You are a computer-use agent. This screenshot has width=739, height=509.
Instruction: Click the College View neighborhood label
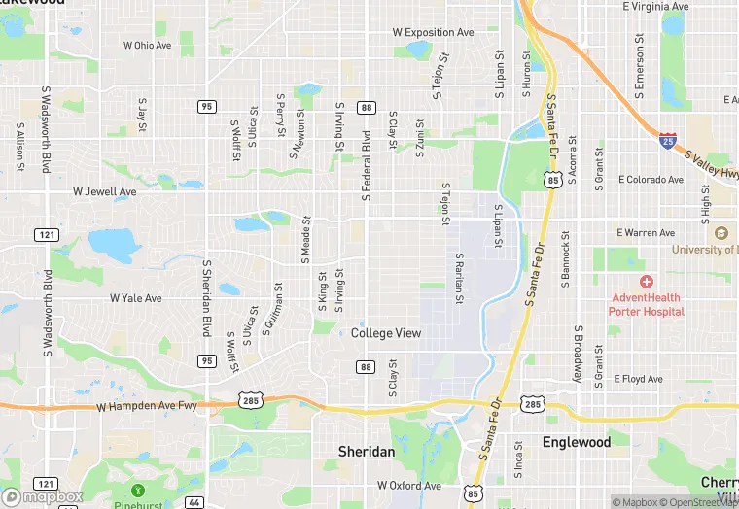point(386,333)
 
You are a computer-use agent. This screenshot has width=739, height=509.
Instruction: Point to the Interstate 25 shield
point(668,141)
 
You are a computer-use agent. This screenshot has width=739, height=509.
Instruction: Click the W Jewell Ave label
point(105,192)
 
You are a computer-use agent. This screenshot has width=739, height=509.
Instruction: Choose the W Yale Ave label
point(135,298)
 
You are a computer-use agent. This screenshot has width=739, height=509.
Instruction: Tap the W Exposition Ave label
point(433,32)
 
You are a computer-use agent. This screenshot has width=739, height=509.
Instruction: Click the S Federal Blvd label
point(367,165)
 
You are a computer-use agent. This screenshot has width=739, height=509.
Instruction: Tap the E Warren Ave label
point(646,233)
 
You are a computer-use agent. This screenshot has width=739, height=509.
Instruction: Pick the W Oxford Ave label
point(409,485)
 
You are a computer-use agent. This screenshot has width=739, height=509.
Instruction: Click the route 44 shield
point(195,501)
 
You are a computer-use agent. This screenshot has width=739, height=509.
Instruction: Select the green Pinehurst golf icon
point(138,490)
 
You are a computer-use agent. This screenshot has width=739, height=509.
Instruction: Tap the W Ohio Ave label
point(148,45)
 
